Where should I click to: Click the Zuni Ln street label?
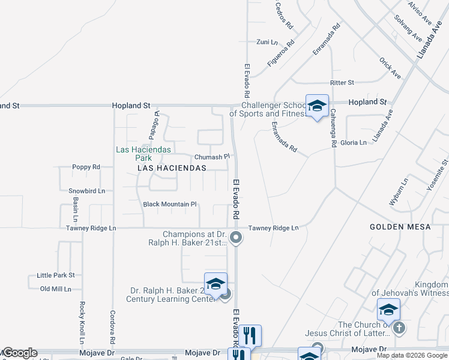pyautogui.click(x=267, y=42)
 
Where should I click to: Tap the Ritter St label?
pyautogui.click(x=342, y=82)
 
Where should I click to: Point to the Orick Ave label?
pyautogui.click(x=390, y=68)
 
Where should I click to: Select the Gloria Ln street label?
pyautogui.click(x=354, y=143)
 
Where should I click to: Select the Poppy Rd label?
pyautogui.click(x=85, y=167)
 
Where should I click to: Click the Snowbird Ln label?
pyautogui.click(x=86, y=191)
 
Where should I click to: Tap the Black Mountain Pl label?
pyautogui.click(x=170, y=205)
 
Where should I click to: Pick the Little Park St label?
pyautogui.click(x=55, y=275)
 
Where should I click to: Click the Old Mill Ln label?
pyautogui.click(x=55, y=289)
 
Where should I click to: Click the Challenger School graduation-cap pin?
pyautogui.click(x=316, y=106)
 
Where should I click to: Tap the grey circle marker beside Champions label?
pyautogui.click(x=237, y=238)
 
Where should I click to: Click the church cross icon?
pyautogui.click(x=400, y=328)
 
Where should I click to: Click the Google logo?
pyautogui.click(x=19, y=353)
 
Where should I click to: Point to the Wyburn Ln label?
pyautogui.click(x=399, y=192)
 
